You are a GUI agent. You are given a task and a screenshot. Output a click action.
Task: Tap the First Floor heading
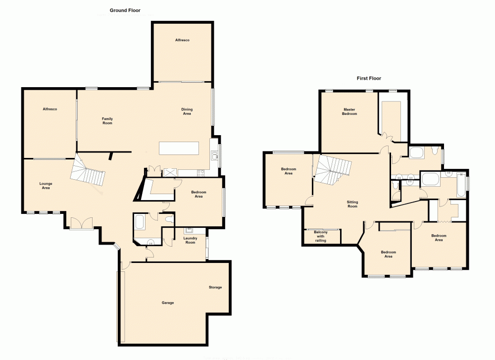click(x=369, y=78)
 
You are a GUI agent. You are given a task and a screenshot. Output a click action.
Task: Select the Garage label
click(x=168, y=303)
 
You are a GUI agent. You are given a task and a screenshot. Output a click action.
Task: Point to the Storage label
click(x=215, y=287)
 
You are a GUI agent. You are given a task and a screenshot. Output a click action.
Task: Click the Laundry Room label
click(x=190, y=240)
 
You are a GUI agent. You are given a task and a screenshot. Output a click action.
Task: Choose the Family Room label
click(x=107, y=121)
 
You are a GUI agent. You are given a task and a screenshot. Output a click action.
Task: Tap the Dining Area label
click(x=187, y=111)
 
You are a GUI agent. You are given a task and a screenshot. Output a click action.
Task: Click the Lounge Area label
click(x=46, y=186)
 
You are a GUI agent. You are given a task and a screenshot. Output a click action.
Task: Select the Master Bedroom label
click(x=350, y=111)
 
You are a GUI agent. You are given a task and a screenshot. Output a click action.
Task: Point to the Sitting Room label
click(x=352, y=204)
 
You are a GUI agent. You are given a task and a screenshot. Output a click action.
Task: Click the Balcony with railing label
click(x=321, y=236)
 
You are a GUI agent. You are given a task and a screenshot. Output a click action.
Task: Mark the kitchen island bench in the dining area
click(x=179, y=148)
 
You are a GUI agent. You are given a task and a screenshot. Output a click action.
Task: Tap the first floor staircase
click(x=333, y=167)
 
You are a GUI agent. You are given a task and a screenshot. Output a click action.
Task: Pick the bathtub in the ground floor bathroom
click(x=139, y=221)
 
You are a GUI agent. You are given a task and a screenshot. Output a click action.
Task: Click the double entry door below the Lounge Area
click(x=81, y=223)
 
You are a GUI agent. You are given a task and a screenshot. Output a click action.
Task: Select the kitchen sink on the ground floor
click(x=214, y=156)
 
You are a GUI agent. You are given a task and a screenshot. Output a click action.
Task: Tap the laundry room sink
click(x=189, y=230)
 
